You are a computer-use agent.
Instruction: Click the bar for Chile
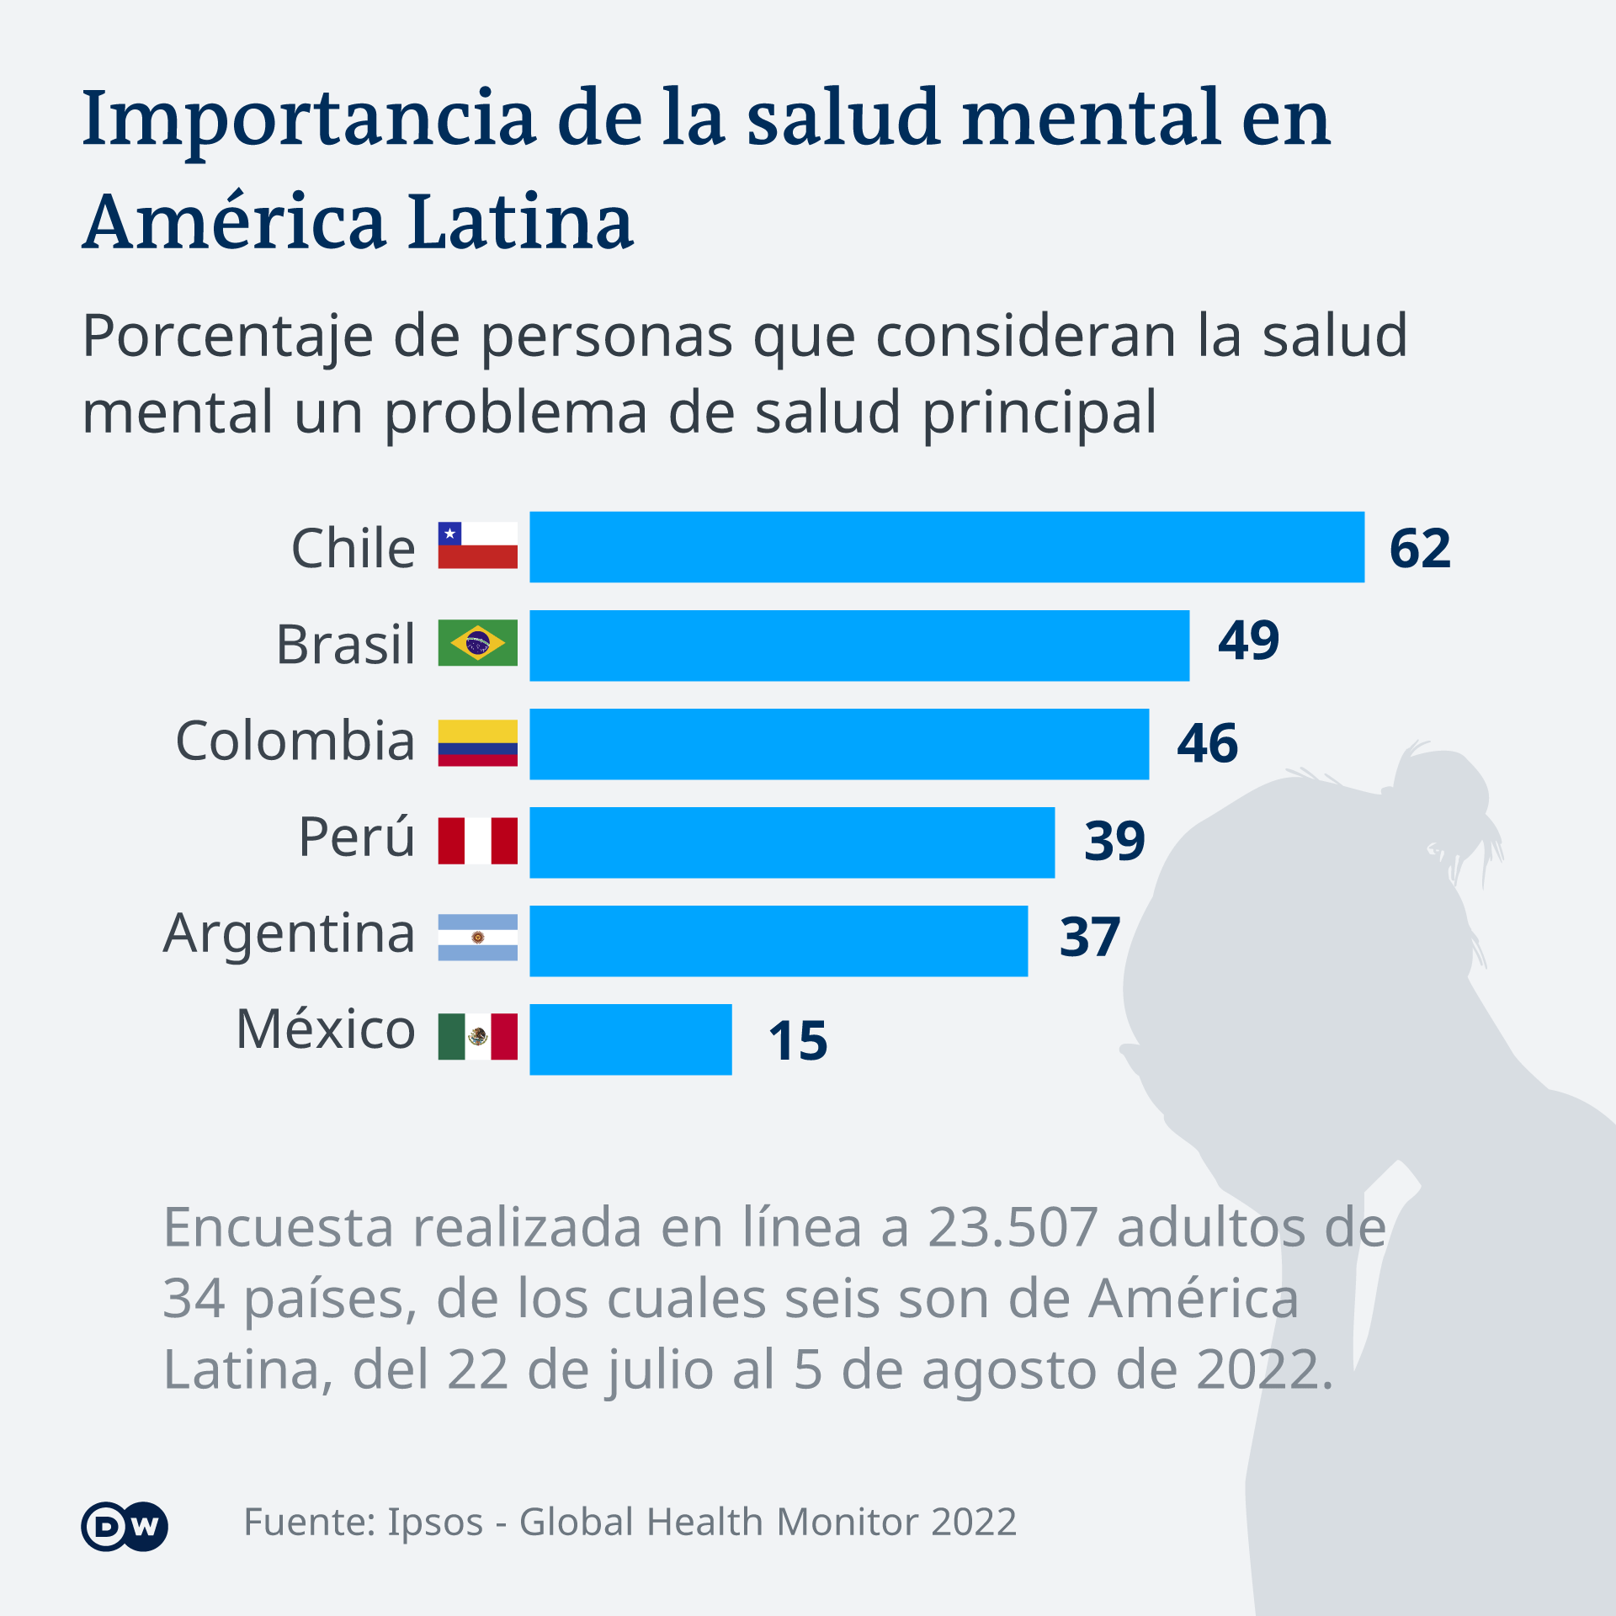click(947, 547)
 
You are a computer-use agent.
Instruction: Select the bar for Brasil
click(859, 646)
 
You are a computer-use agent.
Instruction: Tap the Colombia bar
click(839, 744)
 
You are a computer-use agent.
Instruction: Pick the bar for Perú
click(792, 843)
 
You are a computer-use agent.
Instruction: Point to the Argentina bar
click(779, 941)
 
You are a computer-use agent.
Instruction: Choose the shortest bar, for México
click(630, 1039)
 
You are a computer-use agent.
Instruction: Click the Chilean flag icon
click(477, 545)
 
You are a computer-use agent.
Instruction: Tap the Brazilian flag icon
click(477, 643)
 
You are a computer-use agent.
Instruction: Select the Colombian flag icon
click(477, 742)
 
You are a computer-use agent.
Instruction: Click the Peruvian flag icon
click(477, 840)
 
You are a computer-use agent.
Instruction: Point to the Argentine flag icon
click(477, 938)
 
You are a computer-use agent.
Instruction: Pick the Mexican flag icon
click(477, 1036)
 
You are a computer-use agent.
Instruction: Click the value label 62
click(1420, 549)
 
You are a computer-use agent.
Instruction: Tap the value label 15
click(798, 1041)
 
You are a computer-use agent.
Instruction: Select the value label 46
click(1207, 744)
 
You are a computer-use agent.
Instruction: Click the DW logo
click(125, 1526)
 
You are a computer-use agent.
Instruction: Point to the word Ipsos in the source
click(434, 1523)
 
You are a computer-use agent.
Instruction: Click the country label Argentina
click(289, 934)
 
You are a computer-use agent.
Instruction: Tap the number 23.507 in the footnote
click(1013, 1228)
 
